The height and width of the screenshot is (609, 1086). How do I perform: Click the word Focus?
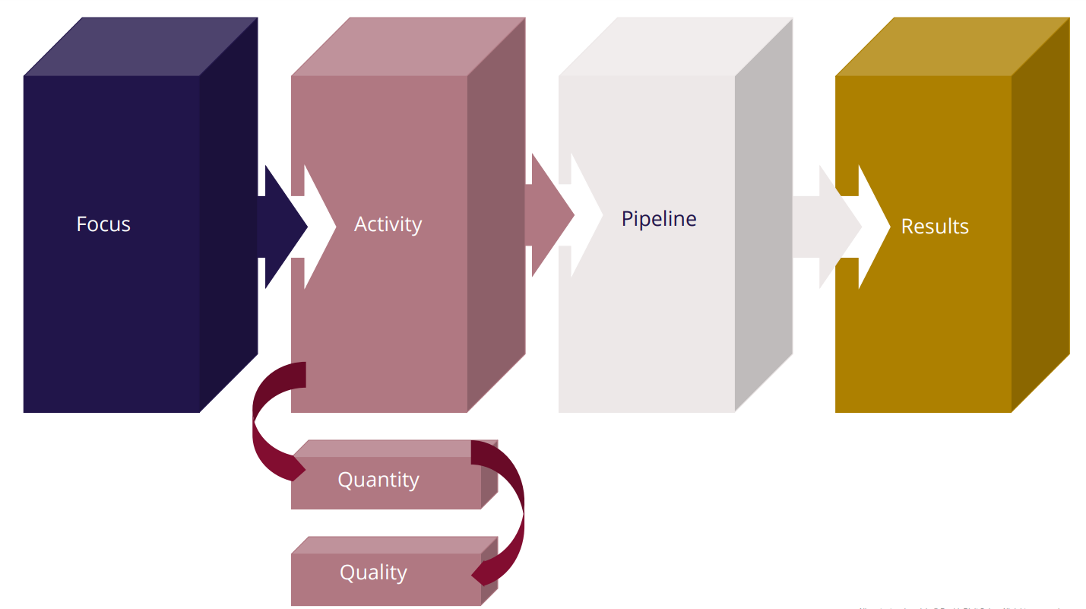click(x=103, y=224)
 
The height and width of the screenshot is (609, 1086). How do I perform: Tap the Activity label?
click(x=388, y=224)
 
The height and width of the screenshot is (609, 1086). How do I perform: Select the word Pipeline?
click(x=659, y=219)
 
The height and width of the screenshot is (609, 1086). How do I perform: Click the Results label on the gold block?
click(x=935, y=227)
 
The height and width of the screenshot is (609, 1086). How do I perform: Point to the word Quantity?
click(x=378, y=481)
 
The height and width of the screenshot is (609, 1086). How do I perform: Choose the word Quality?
click(x=373, y=573)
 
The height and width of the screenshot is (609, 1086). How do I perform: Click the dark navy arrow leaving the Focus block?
click(x=281, y=227)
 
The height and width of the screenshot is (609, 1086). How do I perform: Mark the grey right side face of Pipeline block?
click(x=764, y=319)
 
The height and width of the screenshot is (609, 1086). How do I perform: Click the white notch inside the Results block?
click(x=871, y=227)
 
